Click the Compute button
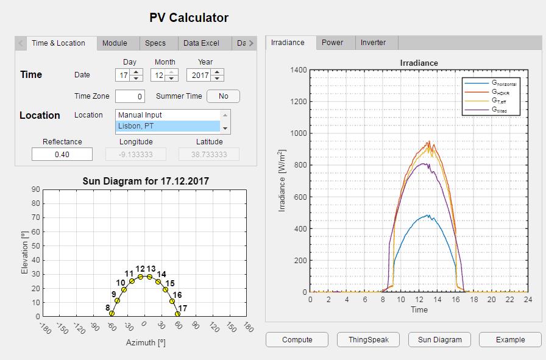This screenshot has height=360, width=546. click(x=297, y=340)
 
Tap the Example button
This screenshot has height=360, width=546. click(x=510, y=340)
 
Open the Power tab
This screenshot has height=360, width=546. click(x=332, y=43)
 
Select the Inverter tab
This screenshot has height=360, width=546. click(x=373, y=43)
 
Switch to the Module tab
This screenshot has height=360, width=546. click(x=115, y=43)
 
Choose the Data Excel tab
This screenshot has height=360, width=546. click(x=201, y=43)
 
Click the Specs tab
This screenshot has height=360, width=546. click(x=155, y=43)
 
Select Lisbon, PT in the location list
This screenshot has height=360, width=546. click(x=167, y=126)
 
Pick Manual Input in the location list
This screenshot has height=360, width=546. click(x=167, y=115)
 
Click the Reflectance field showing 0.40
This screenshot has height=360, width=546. click(x=62, y=155)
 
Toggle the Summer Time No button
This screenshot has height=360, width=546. click(x=223, y=96)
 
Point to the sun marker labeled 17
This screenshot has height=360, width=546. click(x=178, y=314)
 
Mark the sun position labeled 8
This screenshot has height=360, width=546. click(x=112, y=313)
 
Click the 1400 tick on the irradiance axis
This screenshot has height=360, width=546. click(x=298, y=70)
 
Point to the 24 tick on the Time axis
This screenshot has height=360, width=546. click(x=528, y=299)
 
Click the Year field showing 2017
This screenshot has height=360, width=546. click(x=200, y=75)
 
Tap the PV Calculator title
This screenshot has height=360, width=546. click(x=189, y=18)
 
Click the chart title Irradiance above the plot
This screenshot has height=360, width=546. click(x=419, y=63)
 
